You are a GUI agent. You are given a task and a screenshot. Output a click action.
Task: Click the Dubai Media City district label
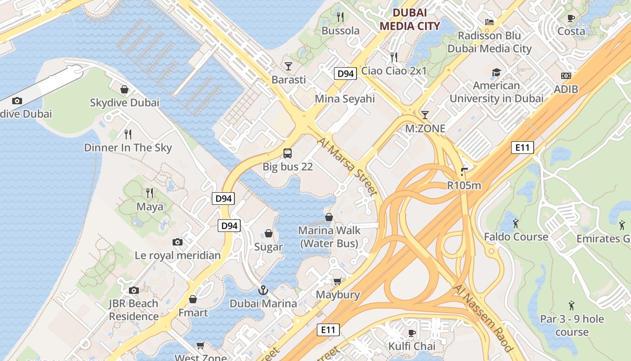[x=409, y=19]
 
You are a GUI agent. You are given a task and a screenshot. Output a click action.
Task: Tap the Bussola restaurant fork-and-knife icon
[x=340, y=17]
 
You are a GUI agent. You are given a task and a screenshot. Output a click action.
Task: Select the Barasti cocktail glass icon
[x=288, y=66]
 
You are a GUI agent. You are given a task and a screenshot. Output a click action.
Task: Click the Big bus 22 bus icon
[x=288, y=153]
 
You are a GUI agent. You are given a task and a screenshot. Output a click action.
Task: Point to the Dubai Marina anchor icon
[x=263, y=290]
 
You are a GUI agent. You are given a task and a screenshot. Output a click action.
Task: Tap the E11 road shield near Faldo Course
[x=523, y=148]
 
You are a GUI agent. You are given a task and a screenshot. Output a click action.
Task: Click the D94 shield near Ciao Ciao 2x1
[x=346, y=74]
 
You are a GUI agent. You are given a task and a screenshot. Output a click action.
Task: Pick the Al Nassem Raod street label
[x=484, y=318]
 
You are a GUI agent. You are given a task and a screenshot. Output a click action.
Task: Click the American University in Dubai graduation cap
[x=496, y=72]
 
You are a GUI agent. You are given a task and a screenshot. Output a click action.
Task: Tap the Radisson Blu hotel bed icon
[x=489, y=22]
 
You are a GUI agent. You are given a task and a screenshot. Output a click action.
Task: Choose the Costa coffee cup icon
[x=571, y=18]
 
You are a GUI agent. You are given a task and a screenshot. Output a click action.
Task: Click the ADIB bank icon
[x=566, y=76]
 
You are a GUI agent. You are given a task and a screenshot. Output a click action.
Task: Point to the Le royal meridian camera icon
[x=178, y=242]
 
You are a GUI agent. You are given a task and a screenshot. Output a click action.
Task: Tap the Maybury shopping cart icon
[x=337, y=282]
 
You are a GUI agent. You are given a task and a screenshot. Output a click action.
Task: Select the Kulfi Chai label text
[x=412, y=346]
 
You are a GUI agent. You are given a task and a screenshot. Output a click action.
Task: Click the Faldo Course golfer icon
[x=516, y=223]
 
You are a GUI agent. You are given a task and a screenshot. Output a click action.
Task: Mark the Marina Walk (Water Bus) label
[x=329, y=237]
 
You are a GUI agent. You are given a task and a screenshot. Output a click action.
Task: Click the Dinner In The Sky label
[x=128, y=148]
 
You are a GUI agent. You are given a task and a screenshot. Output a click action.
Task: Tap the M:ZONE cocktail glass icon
[x=425, y=115]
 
